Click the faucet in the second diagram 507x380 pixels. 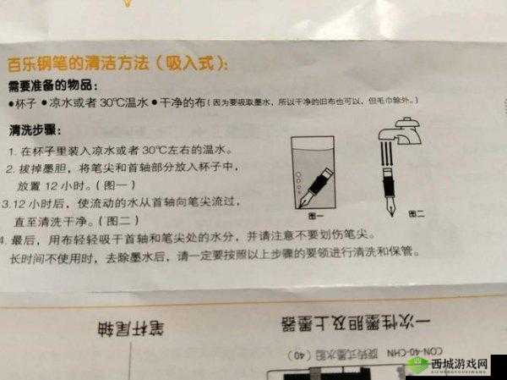[403, 132]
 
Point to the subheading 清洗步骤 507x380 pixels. [33, 131]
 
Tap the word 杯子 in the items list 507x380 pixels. [25, 103]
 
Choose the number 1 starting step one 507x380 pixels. [12, 151]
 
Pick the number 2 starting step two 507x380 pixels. [12, 170]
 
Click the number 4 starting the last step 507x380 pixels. [12, 240]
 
